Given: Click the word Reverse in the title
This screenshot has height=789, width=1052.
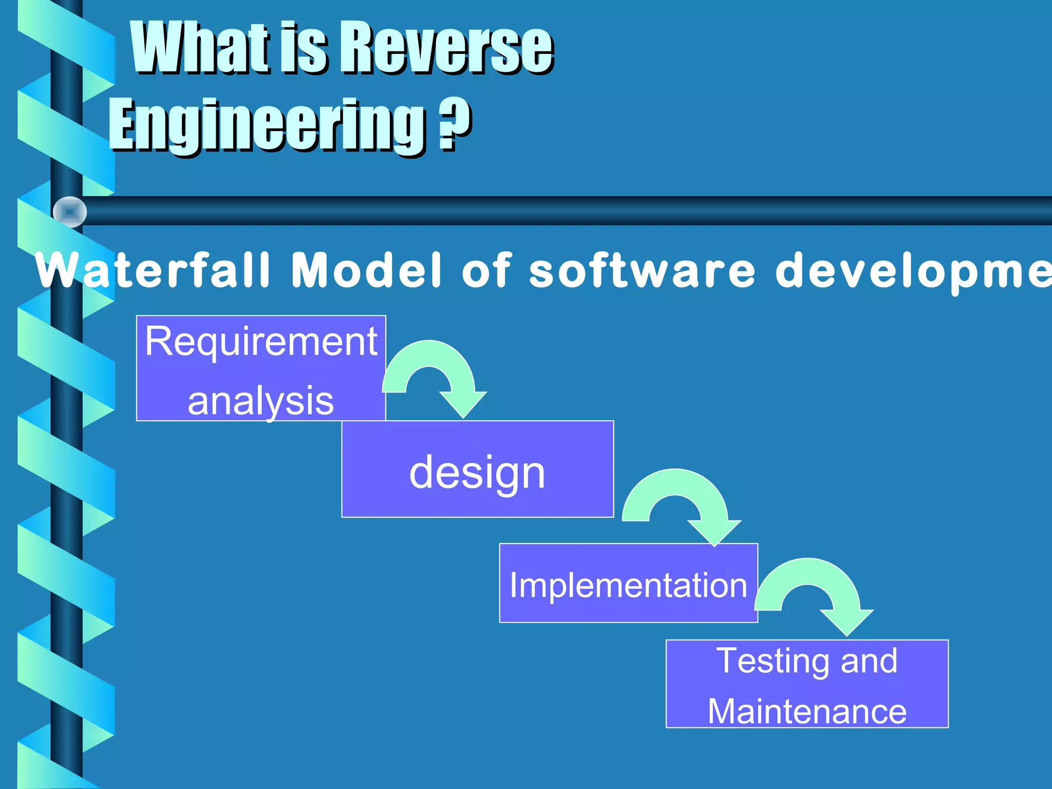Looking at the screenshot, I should click(446, 49).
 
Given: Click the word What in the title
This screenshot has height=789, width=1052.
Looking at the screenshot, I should click(200, 49).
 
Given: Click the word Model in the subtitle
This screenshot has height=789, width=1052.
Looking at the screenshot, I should click(366, 270).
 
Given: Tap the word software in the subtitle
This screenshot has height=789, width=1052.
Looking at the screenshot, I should click(642, 270).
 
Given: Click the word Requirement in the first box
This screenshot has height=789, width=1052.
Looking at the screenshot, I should click(261, 341).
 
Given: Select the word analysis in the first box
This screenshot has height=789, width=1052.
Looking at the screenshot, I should click(261, 401).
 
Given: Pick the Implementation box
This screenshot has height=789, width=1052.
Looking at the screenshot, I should click(628, 584).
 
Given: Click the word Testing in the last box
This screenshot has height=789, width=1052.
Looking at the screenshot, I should click(773, 661).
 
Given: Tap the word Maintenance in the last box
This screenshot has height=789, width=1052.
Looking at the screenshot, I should click(807, 711).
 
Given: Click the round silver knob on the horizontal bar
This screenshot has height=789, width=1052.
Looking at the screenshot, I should click(70, 212).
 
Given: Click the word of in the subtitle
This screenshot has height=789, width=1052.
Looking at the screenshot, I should click(486, 270).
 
